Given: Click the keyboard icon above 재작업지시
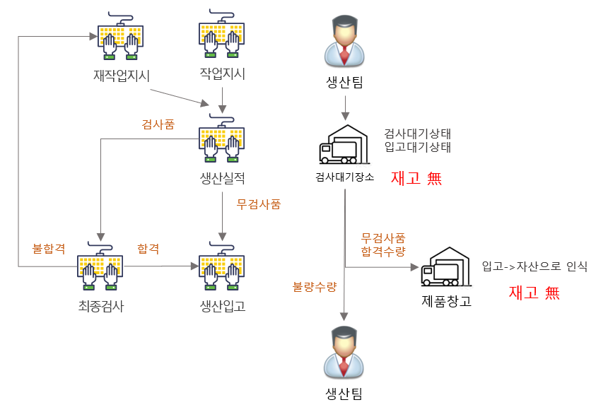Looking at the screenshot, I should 121,38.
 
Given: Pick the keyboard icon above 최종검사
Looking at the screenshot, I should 100,269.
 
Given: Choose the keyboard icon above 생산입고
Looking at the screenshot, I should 223,268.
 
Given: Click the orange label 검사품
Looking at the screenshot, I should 158,124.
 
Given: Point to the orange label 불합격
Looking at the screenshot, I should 49,249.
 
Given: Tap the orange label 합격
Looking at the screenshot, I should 148,249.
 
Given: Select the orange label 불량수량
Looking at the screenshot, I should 315,286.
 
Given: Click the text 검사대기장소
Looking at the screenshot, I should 344,177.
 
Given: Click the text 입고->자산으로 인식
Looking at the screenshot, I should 534,266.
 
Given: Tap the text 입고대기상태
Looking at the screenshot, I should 417,147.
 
